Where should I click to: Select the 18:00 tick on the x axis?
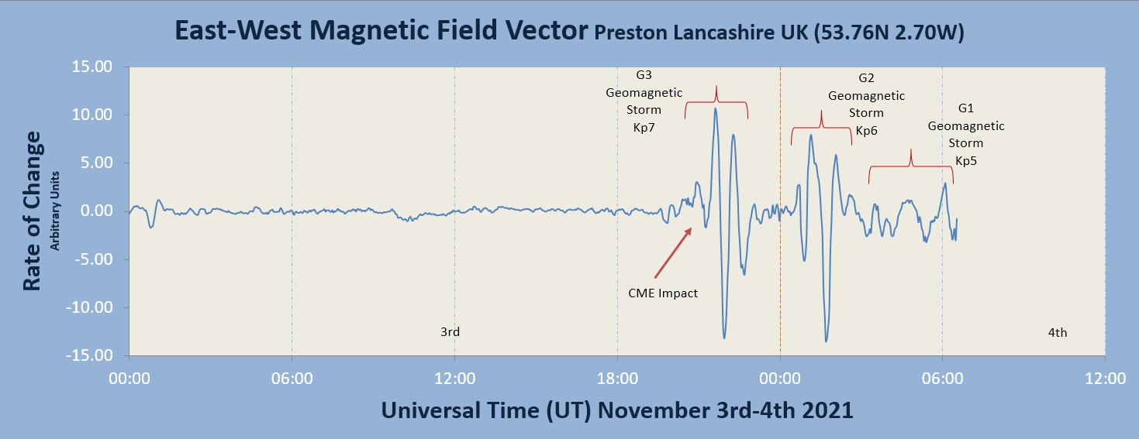click(617, 379)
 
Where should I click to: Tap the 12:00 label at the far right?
click(1105, 379)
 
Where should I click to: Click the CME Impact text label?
click(662, 293)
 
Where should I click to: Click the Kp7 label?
click(644, 126)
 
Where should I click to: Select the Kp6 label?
click(866, 131)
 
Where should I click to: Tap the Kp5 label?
click(965, 161)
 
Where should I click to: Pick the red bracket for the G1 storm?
click(911, 166)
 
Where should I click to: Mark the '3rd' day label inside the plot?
click(450, 332)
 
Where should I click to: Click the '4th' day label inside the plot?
click(1058, 333)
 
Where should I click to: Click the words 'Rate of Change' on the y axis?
click(32, 211)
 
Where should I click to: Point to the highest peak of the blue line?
click(716, 108)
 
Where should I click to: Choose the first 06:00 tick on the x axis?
click(292, 379)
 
